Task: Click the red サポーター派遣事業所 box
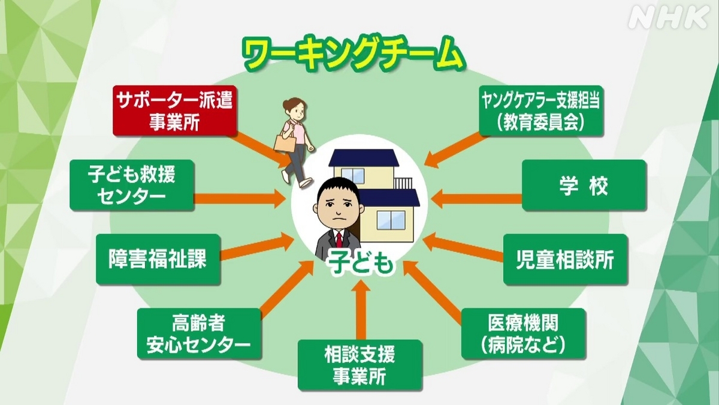point(175,110)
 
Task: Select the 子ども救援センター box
point(132,185)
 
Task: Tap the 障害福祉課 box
point(158,259)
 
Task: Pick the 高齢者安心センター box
point(200,334)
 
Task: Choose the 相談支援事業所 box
point(360,365)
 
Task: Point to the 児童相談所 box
point(565,259)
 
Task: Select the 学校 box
point(584,185)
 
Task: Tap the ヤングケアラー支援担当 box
point(541,110)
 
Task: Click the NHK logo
point(669,18)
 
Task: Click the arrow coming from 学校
point(477,199)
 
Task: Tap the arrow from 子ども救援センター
point(240,199)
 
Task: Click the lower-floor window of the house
point(391,220)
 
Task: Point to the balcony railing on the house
point(403,183)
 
